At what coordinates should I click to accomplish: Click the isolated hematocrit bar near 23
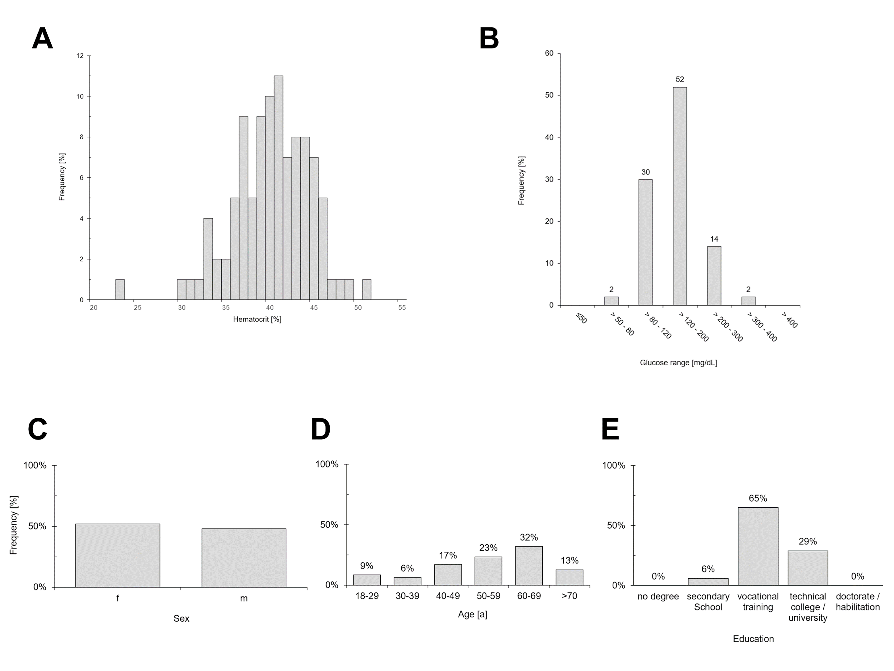click(x=120, y=289)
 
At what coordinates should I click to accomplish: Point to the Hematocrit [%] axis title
click(x=257, y=319)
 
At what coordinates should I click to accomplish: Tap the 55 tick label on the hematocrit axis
click(x=402, y=308)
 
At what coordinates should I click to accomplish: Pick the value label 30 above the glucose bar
click(x=645, y=172)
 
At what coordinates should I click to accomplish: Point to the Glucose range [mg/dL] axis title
click(x=678, y=363)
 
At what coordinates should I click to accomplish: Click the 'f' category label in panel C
click(x=118, y=598)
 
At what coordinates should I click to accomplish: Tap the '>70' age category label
click(x=569, y=596)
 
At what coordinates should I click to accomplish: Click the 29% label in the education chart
click(x=808, y=541)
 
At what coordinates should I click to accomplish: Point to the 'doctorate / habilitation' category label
click(x=858, y=601)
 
